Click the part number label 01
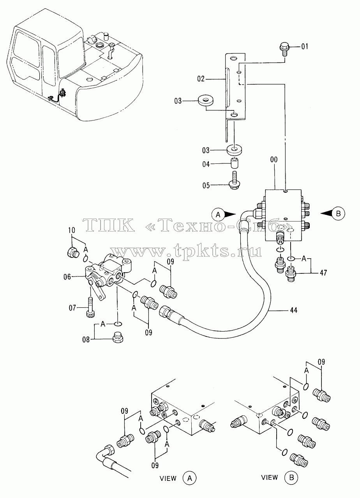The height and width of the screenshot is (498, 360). tap(305, 46)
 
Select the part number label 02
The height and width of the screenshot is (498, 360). tap(201, 79)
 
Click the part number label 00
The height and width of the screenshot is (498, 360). tap(274, 160)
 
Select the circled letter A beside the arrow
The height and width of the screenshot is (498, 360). tap(218, 214)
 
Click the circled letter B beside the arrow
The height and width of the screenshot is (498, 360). tap(339, 214)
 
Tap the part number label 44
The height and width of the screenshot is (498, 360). tap(294, 310)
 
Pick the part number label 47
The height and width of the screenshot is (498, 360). tap(323, 273)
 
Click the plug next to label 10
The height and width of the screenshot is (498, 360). tap(73, 253)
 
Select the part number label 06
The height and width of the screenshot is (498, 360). tap(67, 277)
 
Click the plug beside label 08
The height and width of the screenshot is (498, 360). tap(118, 338)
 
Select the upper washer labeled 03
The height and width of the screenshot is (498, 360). tap(205, 101)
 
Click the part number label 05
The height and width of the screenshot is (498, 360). tap(206, 185)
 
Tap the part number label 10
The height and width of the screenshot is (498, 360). tap(72, 230)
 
